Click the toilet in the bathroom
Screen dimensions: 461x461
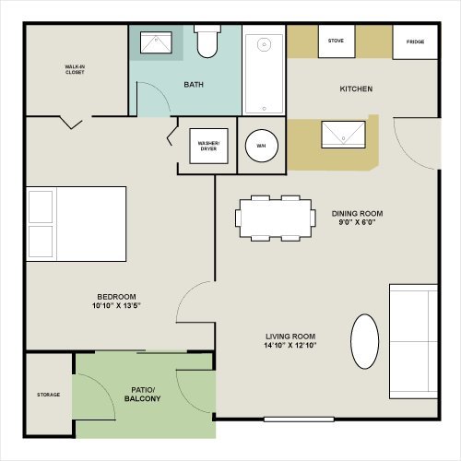(207, 41)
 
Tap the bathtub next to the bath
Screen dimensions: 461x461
(264, 74)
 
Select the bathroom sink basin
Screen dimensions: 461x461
(156, 42)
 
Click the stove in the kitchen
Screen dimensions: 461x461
(337, 41)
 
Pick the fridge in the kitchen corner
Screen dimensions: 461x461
(415, 42)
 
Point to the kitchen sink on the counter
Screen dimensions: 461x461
(343, 135)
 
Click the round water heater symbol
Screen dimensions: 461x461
(262, 146)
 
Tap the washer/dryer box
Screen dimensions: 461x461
(208, 146)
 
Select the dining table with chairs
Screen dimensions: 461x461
(276, 219)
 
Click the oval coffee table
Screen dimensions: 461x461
(365, 341)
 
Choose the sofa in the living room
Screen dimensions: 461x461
(413, 342)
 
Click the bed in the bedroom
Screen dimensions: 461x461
(77, 224)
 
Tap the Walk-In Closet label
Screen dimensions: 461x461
(75, 69)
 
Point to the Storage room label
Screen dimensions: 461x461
(49, 395)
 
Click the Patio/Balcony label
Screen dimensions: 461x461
(142, 395)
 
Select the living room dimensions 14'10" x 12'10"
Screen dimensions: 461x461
(290, 345)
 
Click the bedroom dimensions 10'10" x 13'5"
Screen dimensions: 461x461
(116, 305)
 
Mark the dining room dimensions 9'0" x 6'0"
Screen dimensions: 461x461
(357, 222)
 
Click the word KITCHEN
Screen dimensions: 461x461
(356, 89)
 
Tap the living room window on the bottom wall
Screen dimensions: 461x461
(299, 420)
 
